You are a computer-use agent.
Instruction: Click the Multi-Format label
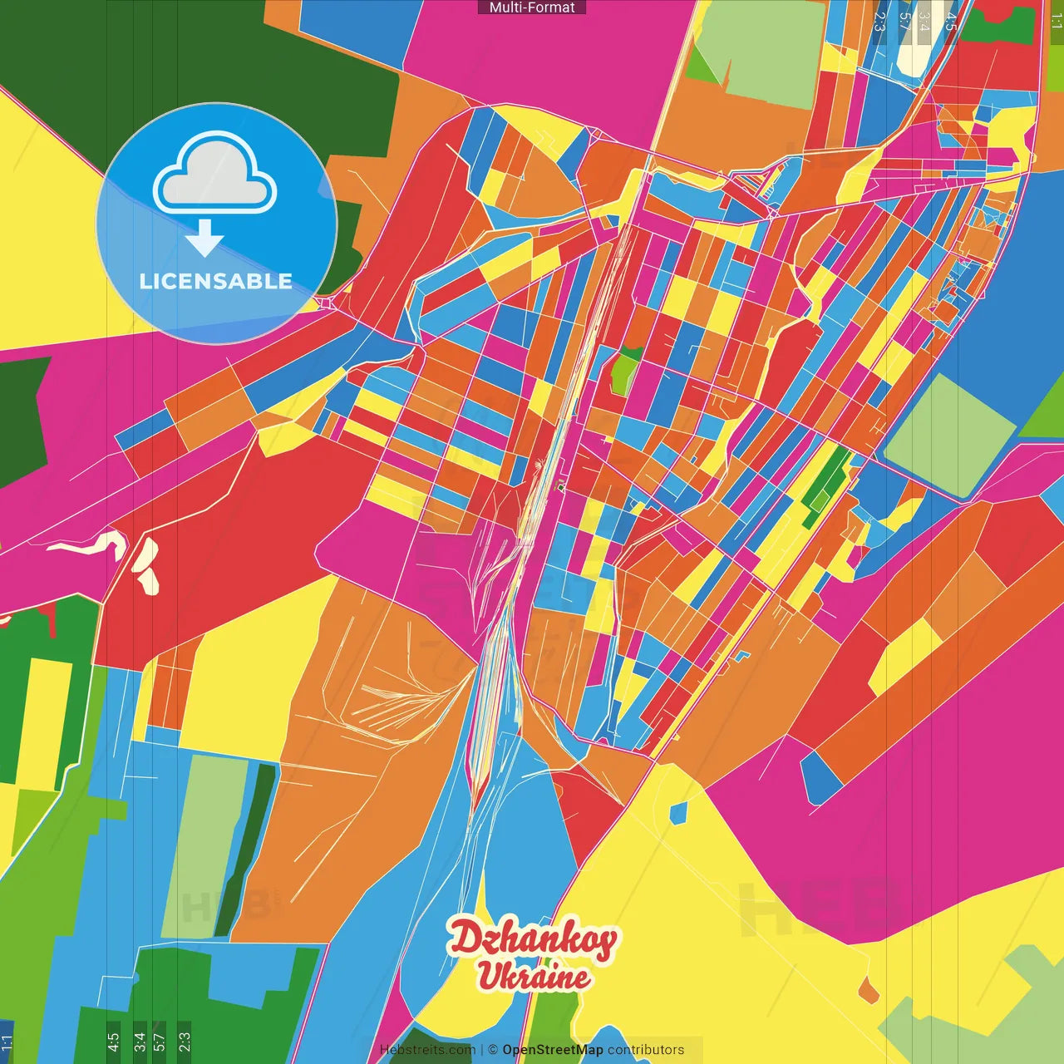[532, 7]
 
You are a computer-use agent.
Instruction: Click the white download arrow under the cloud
[204, 239]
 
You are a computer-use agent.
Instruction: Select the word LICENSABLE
[216, 281]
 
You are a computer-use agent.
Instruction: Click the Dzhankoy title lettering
[533, 940]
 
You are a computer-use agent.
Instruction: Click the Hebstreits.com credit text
[427, 1050]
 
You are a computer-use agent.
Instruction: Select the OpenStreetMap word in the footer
[552, 1050]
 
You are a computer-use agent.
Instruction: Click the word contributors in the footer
[646, 1050]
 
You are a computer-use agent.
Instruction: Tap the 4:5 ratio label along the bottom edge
[114, 1042]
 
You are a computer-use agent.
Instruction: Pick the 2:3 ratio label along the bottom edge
[185, 1042]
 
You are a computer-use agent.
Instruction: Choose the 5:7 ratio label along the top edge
[904, 21]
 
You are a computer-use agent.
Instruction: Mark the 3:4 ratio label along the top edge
[924, 21]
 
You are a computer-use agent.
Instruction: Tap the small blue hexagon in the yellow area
[678, 812]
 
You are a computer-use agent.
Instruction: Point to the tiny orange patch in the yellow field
[868, 990]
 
